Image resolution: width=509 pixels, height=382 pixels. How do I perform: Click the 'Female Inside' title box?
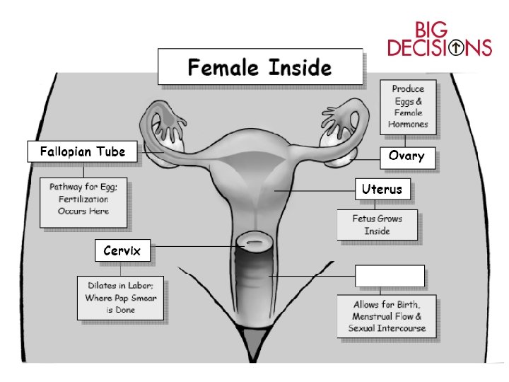pos(259,68)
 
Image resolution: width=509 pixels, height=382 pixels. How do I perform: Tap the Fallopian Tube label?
pos(82,151)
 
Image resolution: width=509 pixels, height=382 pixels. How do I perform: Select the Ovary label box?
pos(406,156)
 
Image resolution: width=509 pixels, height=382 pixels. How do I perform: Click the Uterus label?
pos(382,189)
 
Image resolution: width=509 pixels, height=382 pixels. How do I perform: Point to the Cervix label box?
pos(122,250)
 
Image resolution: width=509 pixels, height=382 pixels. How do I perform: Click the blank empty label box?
pos(390,276)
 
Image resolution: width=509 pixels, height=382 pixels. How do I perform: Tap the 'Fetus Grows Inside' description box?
pos(377,225)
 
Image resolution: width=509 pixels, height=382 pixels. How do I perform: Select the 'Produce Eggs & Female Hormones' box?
pos(408,107)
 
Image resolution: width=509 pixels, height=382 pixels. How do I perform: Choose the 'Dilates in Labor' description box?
pos(121,297)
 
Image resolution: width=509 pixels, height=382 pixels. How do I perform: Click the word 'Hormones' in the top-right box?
pos(408,125)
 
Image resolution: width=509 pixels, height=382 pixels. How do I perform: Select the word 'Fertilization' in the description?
pos(79,199)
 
